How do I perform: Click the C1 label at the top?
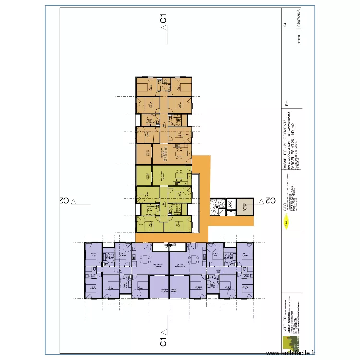tap(163, 19)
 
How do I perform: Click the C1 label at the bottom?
tap(163, 342)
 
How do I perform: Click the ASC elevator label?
tap(229, 203)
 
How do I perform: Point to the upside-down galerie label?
tap(168, 244)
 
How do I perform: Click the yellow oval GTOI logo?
tap(287, 222)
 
